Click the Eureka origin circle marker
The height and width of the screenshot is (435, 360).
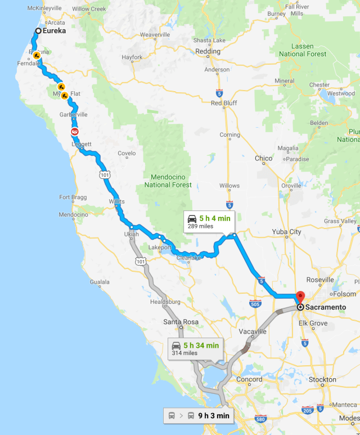pyautogui.click(x=38, y=32)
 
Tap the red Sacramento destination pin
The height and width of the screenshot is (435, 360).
pyautogui.click(x=300, y=298)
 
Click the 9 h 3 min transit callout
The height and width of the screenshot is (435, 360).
pyautogui.click(x=198, y=416)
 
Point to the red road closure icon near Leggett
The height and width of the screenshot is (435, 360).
pyautogui.click(x=74, y=131)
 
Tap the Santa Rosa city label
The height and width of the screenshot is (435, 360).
pyautogui.click(x=181, y=322)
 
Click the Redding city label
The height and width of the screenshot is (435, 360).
pyautogui.click(x=208, y=51)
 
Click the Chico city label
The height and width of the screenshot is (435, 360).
pyautogui.click(x=263, y=159)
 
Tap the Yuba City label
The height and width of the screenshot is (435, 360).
pyautogui.click(x=287, y=232)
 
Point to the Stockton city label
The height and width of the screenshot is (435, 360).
pyautogui.click(x=322, y=380)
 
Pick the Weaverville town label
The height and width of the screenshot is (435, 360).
pyautogui.click(x=155, y=35)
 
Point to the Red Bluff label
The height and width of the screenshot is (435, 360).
pyautogui.click(x=224, y=103)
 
